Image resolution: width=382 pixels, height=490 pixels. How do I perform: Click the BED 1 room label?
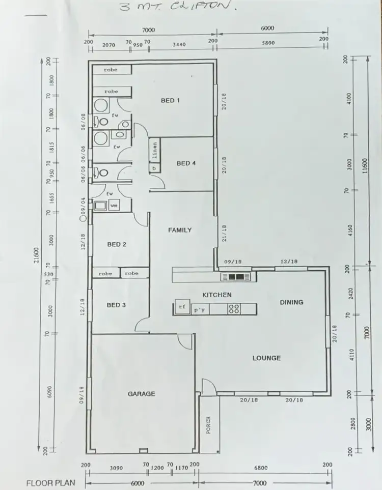[x=171, y=101]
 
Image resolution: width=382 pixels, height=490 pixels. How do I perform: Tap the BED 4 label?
[x=186, y=163]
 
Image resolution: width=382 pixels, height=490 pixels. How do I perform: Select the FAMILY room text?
[x=180, y=230]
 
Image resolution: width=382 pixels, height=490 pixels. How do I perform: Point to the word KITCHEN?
[x=217, y=295]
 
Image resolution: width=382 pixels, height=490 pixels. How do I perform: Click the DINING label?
[x=291, y=302]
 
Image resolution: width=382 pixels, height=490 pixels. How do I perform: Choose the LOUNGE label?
[x=266, y=358]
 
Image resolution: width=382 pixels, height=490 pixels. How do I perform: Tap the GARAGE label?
[x=141, y=394]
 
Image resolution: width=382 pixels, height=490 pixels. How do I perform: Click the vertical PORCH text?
[x=208, y=425]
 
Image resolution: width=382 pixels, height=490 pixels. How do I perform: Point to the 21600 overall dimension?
[x=36, y=255]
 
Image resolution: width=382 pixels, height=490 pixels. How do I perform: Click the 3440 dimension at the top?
[x=179, y=45]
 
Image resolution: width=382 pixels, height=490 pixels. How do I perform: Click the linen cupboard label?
[x=155, y=150]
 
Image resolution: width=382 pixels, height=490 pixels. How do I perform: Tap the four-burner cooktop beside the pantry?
[x=234, y=308]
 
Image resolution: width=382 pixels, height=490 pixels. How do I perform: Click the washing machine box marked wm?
[x=114, y=206]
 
